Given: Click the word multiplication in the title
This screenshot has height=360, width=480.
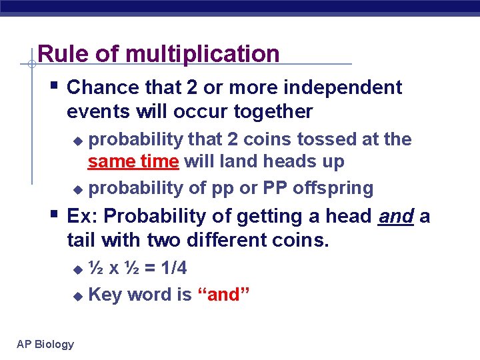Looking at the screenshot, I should point(205,54).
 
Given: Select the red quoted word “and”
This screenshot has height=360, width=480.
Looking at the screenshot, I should point(224,294).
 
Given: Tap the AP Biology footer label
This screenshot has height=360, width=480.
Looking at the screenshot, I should point(45,344).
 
